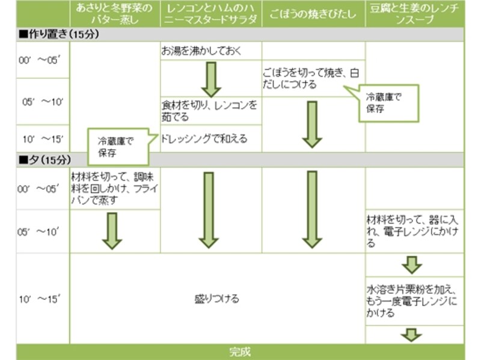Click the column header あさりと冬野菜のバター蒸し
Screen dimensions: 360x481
[x=115, y=13]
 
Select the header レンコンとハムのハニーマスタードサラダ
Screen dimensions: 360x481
[x=211, y=13]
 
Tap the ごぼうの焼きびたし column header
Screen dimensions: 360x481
[x=313, y=13]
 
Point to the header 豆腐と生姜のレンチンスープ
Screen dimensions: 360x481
[x=414, y=13]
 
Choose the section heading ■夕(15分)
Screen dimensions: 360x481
[x=46, y=160]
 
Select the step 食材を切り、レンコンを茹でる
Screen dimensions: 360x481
[x=209, y=111]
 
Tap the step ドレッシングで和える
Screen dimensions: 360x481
[x=204, y=139]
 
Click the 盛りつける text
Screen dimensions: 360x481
[x=217, y=299]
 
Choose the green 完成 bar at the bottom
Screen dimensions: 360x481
[x=240, y=352]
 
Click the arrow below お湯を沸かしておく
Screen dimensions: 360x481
[x=211, y=79]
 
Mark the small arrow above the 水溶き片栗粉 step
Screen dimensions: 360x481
[x=412, y=264]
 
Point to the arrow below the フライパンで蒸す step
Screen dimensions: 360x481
[x=112, y=230]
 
